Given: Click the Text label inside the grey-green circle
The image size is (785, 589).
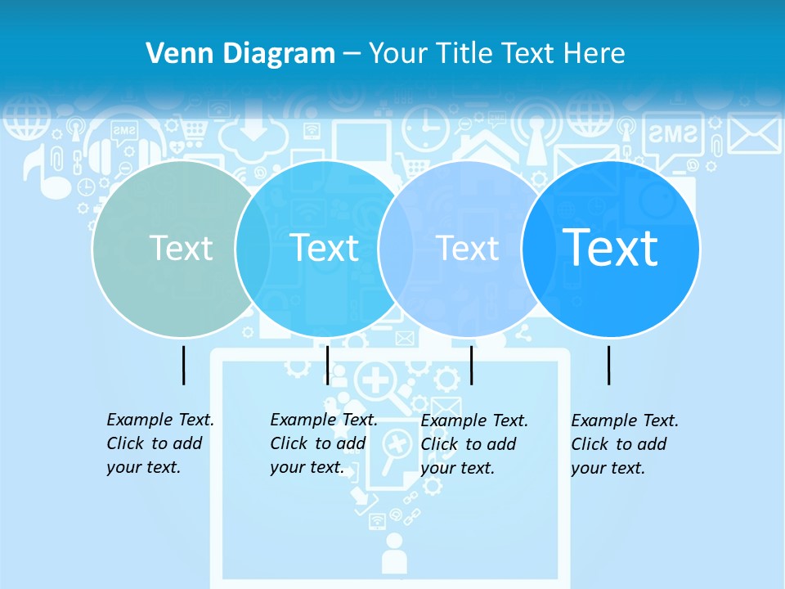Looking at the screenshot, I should [181, 248].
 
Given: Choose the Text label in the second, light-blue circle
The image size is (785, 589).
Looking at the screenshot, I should [324, 248].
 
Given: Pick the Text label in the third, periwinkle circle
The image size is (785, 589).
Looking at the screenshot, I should [467, 248].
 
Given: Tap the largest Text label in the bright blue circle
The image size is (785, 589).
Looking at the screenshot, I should [610, 247].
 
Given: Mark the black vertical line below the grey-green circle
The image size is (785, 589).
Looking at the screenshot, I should [183, 365].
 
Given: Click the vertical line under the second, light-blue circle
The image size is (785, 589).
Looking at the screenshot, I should [327, 365].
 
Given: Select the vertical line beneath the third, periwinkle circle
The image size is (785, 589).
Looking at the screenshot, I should [471, 365].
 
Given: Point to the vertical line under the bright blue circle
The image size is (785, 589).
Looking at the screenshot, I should [608, 365].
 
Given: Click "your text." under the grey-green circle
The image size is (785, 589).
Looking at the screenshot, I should [143, 467].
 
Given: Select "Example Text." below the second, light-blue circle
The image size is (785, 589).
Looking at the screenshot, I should [324, 420].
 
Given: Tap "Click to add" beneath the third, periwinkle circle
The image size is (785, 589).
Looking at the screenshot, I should [469, 444].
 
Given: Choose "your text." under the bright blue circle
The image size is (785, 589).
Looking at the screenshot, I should [608, 468].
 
